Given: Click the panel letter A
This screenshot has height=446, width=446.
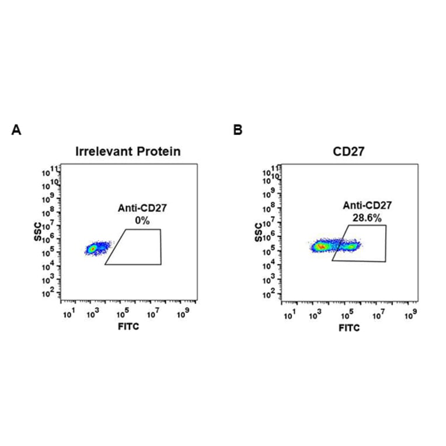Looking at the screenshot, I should pos(16,130).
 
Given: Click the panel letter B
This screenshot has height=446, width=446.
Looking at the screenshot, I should pos(238,130).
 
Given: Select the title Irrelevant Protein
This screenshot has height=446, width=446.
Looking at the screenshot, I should pos(128,151).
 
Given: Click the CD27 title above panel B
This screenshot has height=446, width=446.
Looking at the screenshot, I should pos(349,151).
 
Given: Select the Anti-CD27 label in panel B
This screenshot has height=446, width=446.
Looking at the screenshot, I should pos(367,205).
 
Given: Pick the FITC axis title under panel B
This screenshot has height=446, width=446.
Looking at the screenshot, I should pos(349,327).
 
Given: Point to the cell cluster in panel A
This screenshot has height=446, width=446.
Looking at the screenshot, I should pos(93,249).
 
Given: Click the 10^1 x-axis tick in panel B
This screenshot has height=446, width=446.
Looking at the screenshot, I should pos(288,316).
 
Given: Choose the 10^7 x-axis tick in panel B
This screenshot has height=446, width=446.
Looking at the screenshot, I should pos(378,316).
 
